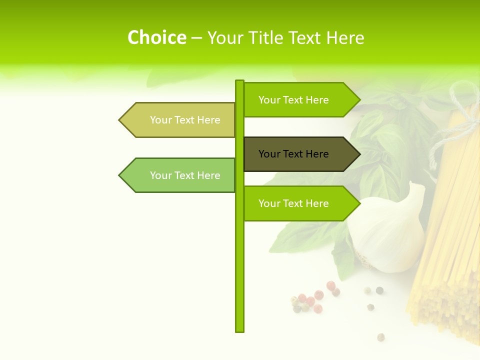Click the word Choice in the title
[x=156, y=38]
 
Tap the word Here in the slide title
[x=345, y=38]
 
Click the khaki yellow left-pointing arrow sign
[x=180, y=120]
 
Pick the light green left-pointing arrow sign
[x=180, y=175]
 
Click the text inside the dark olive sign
[x=293, y=154]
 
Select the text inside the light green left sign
[x=185, y=175]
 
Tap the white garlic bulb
[x=387, y=230]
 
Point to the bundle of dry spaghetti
[x=450, y=225]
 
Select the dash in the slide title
[x=196, y=38]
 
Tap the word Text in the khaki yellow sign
[x=185, y=120]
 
